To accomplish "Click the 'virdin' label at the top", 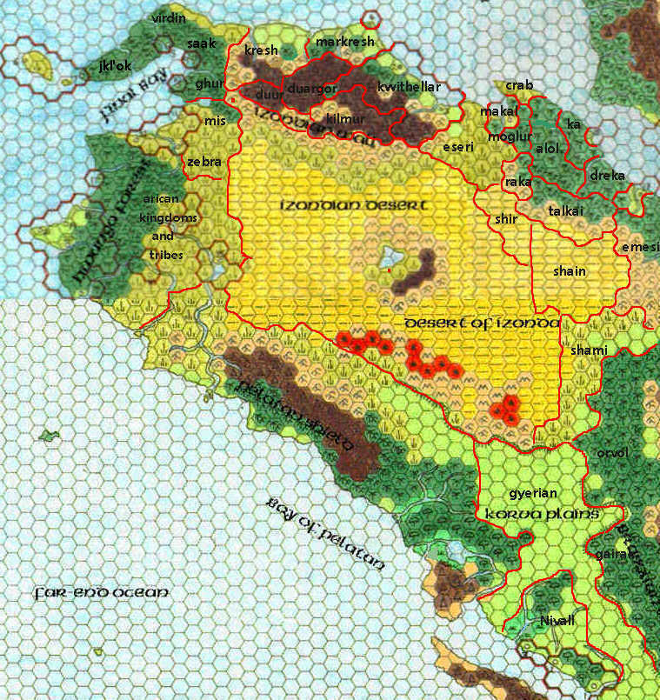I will pos(169,17).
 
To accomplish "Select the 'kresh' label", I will pos(261,50).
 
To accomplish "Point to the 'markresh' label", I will pos(344,42).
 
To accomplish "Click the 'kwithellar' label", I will pos(409,87).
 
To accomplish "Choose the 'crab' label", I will pos(518,85).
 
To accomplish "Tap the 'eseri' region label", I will pos(458,147).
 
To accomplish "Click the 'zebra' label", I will pos(204,162).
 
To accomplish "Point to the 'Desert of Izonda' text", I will pos(482,323).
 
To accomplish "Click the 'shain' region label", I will pos(570,271).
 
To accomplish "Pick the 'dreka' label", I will pos(607,176).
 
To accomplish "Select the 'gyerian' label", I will pos(532,493).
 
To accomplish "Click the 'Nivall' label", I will pos(558,620).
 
